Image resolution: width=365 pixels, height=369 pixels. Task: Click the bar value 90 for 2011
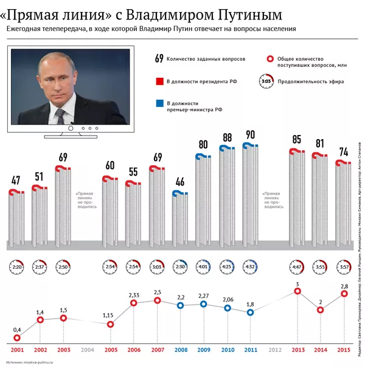click(249, 134)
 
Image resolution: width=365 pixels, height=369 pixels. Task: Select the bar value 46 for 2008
click(179, 182)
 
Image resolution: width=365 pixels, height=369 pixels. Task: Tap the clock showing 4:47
click(296, 267)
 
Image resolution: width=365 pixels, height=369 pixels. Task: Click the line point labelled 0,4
click(17, 339)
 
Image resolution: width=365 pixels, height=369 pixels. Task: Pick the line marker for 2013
click(297, 291)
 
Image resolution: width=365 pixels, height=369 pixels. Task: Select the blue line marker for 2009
click(204, 303)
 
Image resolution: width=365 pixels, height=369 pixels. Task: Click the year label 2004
click(87, 351)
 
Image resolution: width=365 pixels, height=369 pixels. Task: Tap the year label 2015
click(344, 351)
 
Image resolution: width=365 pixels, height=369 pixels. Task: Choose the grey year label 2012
click(274, 351)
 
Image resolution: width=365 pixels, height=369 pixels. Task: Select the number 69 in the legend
click(159, 59)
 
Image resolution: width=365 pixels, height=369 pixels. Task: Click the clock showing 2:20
click(16, 267)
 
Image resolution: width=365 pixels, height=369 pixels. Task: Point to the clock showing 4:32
click(250, 267)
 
